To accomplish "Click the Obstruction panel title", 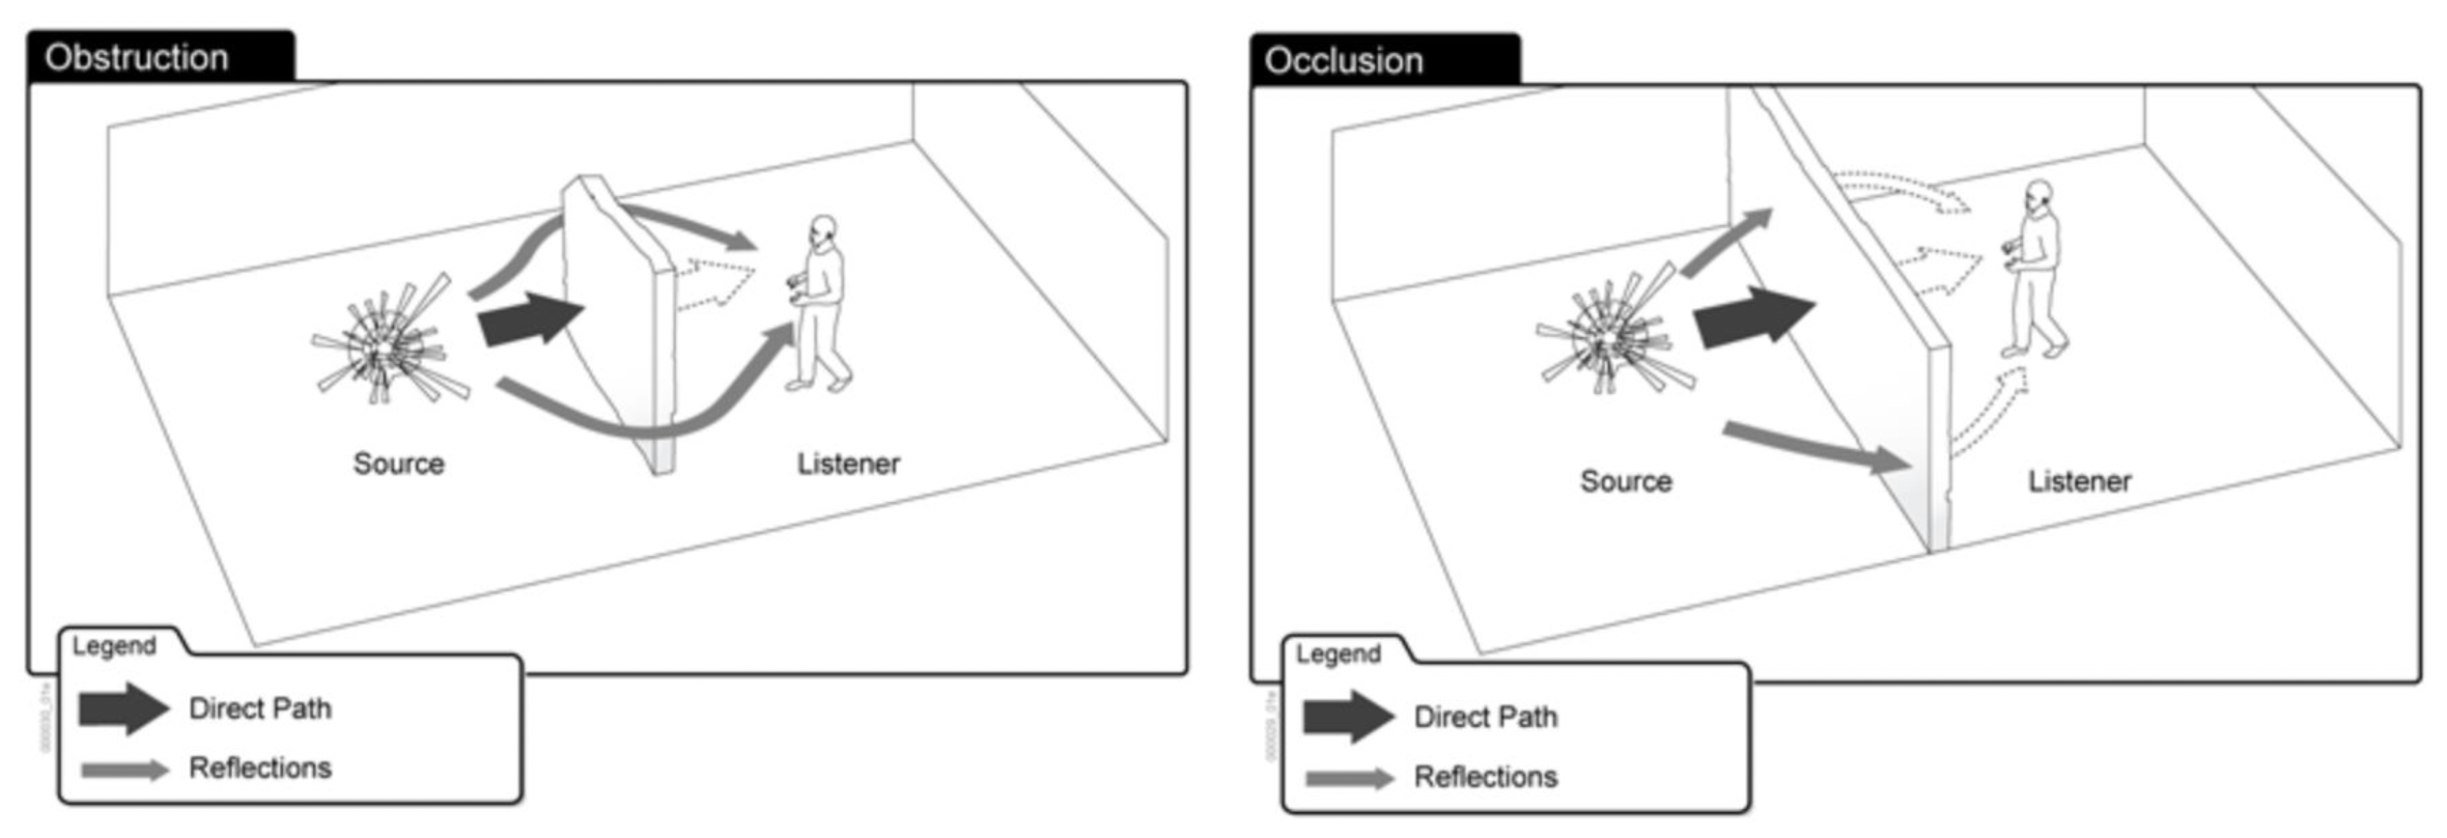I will coord(136,58).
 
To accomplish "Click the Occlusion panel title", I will coord(1343,61).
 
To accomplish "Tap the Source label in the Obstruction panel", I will coord(399,463).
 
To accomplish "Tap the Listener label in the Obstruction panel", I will coord(848,464).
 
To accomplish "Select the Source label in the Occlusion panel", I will coord(1625,481).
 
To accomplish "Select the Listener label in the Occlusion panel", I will coord(2079,481).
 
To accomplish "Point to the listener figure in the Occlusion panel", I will coord(2036,270).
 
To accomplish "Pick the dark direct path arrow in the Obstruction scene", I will coord(529,319).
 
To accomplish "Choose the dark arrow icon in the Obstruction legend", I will coord(123,709).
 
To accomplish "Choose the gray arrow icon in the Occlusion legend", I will coord(1349,778).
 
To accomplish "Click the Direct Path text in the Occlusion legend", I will coord(1485,717).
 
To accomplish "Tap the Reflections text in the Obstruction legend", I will coord(260,768).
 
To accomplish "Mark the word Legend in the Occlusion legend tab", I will coord(1337,655).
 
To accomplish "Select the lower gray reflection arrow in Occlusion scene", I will coord(1815,446).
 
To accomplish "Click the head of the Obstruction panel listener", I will coord(823,230).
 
